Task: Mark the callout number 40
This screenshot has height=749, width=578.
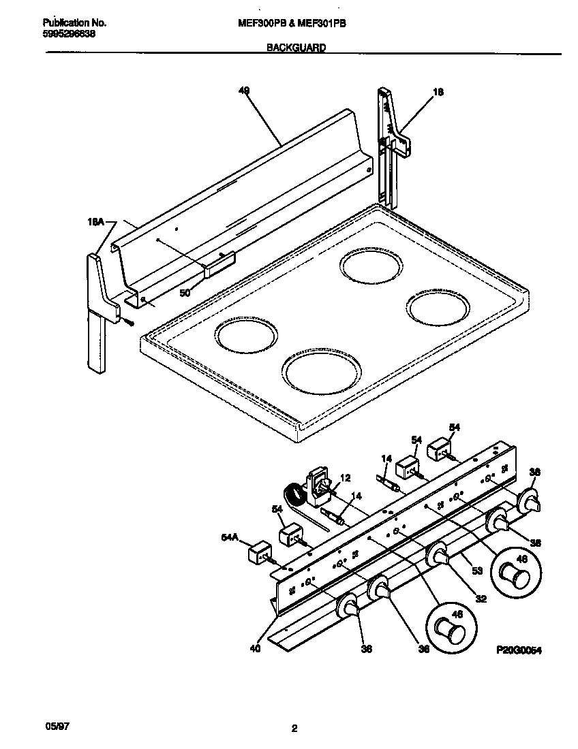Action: click(x=254, y=648)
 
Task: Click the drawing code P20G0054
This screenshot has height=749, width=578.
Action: click(x=519, y=651)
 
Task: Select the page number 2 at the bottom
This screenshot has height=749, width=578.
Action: click(x=294, y=729)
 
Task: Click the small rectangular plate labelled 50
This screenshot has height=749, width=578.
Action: click(x=219, y=263)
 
